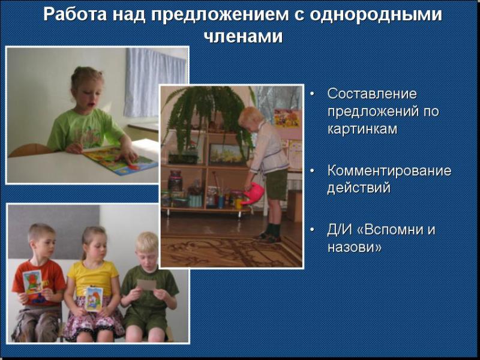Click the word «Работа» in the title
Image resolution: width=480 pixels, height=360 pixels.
click(x=76, y=14)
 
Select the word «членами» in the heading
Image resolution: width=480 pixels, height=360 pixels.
click(x=244, y=37)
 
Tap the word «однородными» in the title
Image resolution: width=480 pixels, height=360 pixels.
click(x=376, y=14)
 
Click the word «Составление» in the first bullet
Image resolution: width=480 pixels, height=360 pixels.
click(x=372, y=94)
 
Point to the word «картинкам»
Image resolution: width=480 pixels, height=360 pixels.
click(x=362, y=129)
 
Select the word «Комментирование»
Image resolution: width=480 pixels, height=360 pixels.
click(x=389, y=170)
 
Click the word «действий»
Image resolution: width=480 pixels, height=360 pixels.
click(x=359, y=187)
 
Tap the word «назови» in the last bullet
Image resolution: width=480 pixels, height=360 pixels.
click(x=355, y=247)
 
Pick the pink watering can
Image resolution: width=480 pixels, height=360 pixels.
click(x=253, y=193)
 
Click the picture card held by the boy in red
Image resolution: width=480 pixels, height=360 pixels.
click(x=33, y=281)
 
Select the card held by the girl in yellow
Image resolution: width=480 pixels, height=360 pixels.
click(x=94, y=298)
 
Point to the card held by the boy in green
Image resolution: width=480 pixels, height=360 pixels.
click(x=146, y=284)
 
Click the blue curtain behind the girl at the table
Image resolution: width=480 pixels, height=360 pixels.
click(x=155, y=82)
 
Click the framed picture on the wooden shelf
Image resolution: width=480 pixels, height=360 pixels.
click(x=229, y=154)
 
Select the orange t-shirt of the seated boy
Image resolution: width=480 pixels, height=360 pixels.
click(x=40, y=282)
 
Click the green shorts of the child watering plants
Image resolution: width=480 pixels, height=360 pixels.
click(x=277, y=184)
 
